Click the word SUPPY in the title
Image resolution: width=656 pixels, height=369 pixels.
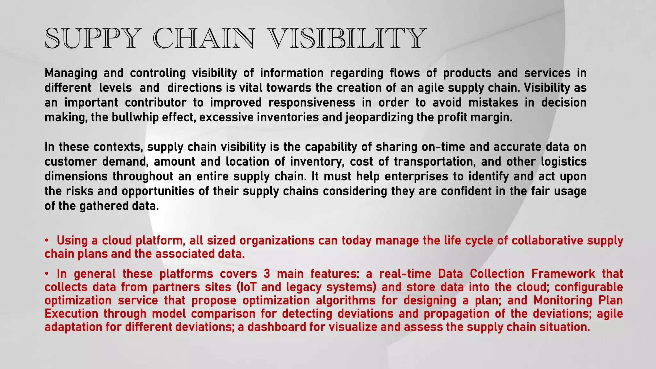tap(93, 39)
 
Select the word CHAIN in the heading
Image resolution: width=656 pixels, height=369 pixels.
tap(205, 39)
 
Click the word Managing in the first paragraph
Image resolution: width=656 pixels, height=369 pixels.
tap(71, 73)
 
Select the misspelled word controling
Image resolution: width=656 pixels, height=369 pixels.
tap(158, 73)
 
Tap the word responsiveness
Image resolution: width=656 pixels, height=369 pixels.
tap(312, 103)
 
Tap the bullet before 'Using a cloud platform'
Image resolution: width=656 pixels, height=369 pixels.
tap(47, 240)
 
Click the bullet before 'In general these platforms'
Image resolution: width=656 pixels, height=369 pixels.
tap(47, 274)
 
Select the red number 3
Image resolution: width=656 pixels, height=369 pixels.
tap(267, 274)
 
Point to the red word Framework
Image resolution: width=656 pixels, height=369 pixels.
tap(563, 274)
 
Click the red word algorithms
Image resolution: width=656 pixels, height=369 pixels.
tap(346, 300)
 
